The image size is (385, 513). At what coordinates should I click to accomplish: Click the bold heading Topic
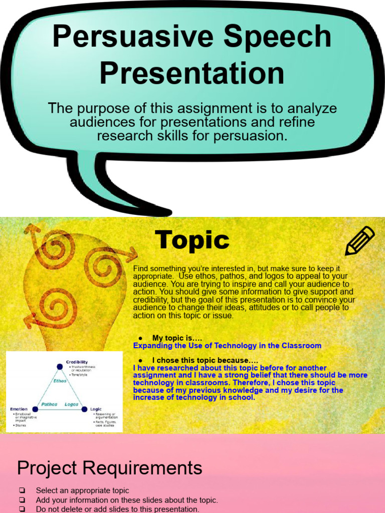tap(192, 240)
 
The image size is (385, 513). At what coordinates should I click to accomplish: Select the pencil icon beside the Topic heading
tap(360, 241)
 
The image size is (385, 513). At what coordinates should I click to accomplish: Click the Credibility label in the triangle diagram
tap(77, 362)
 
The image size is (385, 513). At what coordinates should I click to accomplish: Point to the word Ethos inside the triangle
tap(60, 381)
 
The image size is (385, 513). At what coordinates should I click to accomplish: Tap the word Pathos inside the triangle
tap(49, 404)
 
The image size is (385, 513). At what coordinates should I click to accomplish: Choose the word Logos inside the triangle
tap(71, 404)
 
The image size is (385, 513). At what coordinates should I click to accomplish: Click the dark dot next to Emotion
tap(35, 409)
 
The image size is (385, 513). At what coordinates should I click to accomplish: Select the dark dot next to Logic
tap(84, 409)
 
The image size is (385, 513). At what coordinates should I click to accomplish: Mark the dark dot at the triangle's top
tap(60, 367)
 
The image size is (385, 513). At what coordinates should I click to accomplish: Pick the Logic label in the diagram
tap(96, 409)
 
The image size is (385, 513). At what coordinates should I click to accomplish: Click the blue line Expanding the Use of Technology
tap(227, 346)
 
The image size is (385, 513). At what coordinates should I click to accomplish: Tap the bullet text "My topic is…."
tap(177, 338)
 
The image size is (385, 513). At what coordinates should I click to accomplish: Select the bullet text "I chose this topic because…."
tap(206, 360)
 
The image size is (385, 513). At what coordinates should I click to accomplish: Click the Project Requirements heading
tap(110, 468)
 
